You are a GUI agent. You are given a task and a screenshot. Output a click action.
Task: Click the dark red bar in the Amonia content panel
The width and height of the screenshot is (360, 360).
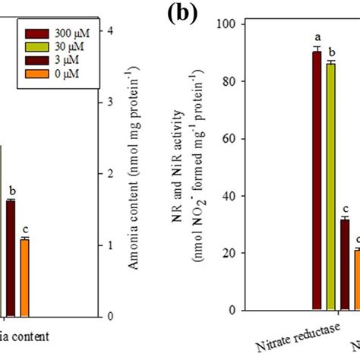(x=11, y=258)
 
